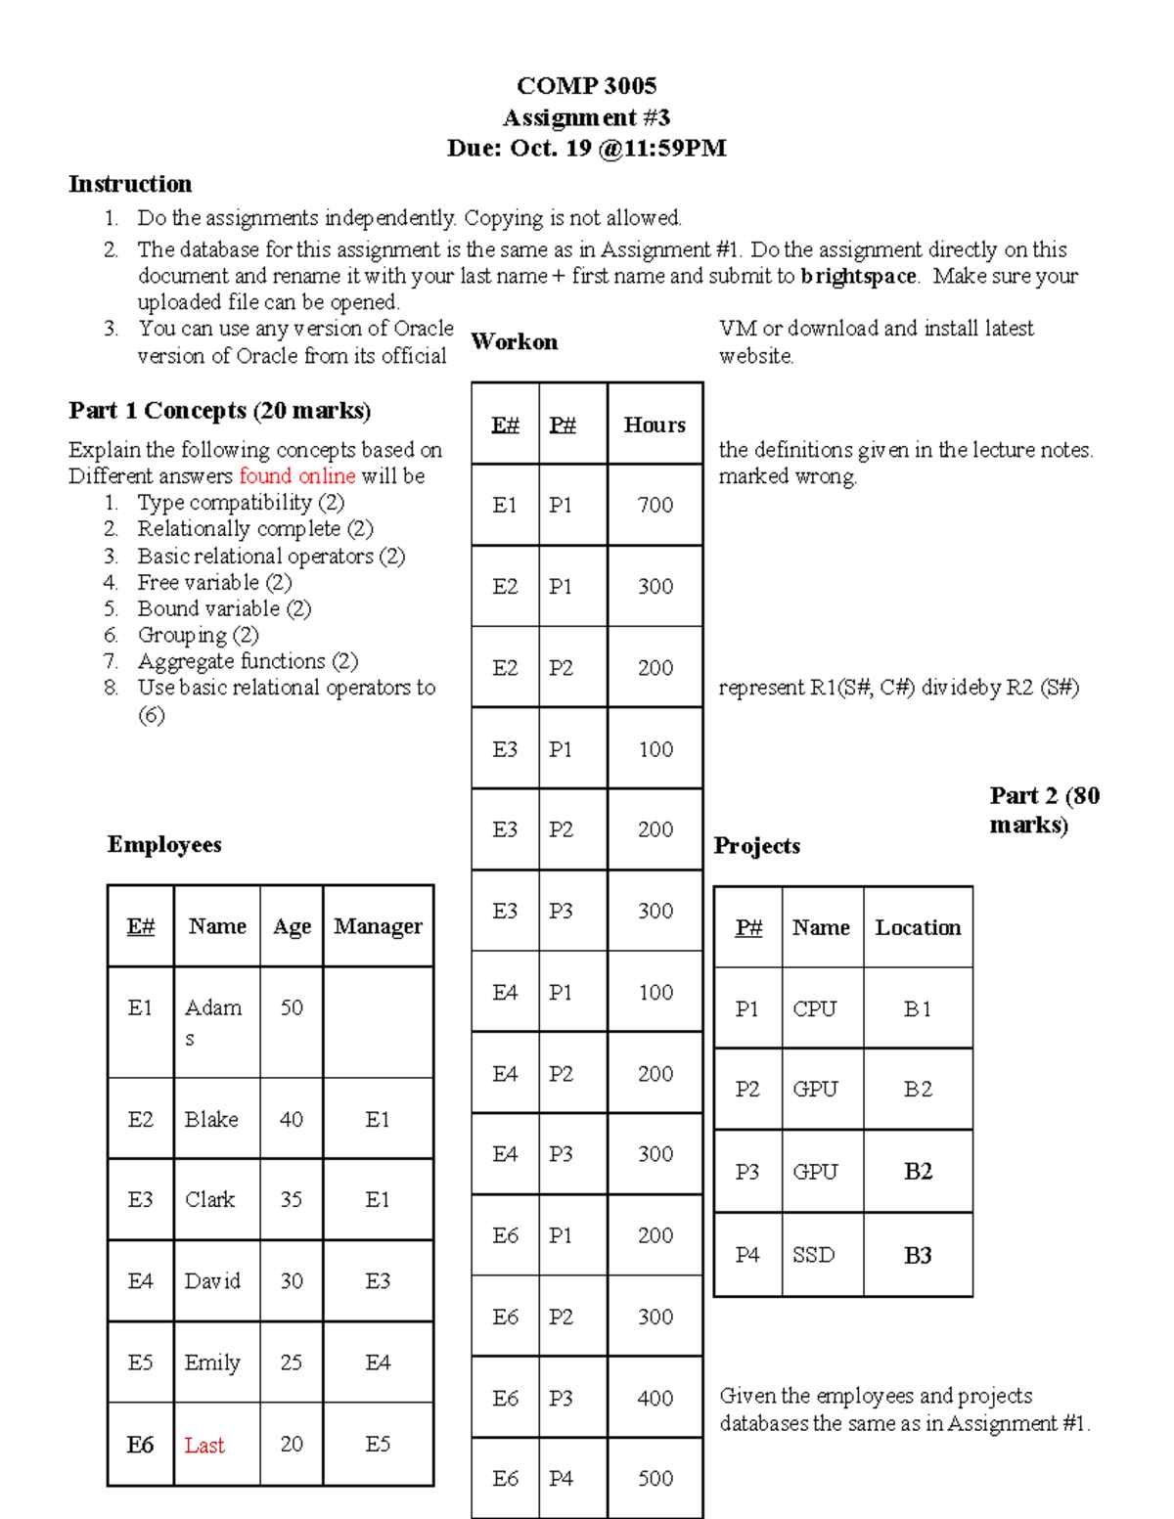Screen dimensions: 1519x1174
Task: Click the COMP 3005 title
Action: [586, 86]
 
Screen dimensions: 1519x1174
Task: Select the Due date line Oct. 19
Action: [586, 149]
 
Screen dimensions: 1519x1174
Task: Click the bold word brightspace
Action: [859, 277]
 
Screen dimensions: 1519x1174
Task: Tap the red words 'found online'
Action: [297, 476]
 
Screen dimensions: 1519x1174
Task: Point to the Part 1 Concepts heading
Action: [219, 411]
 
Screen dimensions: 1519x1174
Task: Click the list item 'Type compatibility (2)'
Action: [241, 503]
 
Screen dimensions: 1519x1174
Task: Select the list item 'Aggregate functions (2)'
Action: [248, 662]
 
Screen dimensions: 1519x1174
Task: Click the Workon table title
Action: [515, 342]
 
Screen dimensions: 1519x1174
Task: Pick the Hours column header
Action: [655, 425]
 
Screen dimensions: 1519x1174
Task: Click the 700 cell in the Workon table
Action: [655, 506]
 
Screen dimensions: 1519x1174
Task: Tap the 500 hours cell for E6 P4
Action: [655, 1479]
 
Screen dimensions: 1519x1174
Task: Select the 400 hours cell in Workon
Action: [655, 1399]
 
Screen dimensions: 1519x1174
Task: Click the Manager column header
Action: [378, 926]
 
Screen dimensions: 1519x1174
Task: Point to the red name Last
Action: [204, 1446]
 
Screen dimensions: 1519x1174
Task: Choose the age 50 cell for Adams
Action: [292, 1008]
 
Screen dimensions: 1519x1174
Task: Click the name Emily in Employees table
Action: [212, 1363]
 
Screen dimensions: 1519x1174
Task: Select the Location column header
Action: [918, 928]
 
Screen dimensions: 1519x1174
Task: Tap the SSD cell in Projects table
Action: [814, 1256]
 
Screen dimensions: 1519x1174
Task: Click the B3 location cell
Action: [918, 1256]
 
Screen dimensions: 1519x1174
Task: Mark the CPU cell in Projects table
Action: [814, 1009]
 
